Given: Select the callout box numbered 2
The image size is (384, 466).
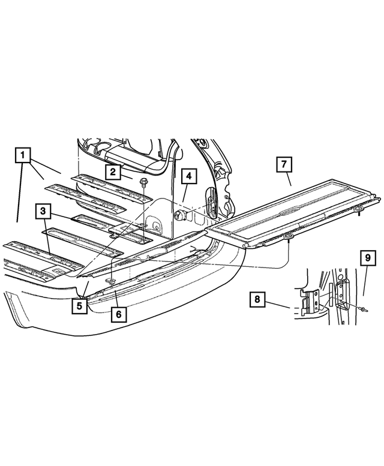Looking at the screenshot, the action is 112,172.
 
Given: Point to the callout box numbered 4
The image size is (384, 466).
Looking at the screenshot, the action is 188,176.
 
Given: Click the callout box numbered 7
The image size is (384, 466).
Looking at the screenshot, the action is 284,163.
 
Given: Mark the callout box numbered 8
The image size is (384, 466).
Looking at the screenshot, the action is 256,299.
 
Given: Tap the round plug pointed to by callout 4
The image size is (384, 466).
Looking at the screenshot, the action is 178,215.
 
